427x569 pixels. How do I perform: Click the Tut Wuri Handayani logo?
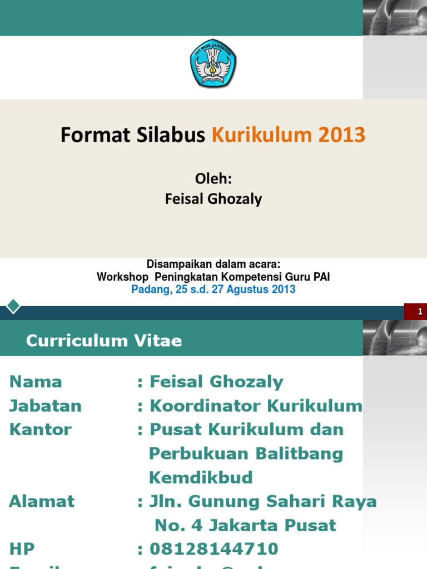tap(213, 63)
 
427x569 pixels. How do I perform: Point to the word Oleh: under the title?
tap(213, 179)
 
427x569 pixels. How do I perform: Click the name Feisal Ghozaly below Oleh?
tap(213, 199)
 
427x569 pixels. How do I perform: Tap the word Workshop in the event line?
tap(122, 277)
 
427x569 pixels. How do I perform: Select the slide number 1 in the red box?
tap(420, 312)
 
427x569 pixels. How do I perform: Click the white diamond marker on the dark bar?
tap(13, 306)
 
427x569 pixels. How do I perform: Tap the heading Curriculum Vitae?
tap(104, 341)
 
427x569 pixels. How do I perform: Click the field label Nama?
tap(36, 382)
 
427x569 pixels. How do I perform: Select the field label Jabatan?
tap(45, 406)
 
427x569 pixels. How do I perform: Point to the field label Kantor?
tap(41, 430)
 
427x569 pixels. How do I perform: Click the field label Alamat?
tap(42, 501)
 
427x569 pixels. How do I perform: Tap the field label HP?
tap(22, 549)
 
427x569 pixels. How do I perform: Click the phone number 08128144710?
tap(214, 549)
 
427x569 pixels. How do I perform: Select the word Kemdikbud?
tap(201, 477)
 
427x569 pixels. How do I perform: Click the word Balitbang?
tap(299, 453)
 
